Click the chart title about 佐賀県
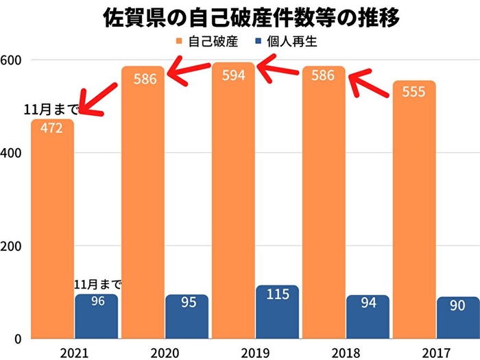[241, 16]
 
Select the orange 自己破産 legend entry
[209, 42]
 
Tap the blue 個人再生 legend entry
[287, 42]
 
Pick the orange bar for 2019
[232, 206]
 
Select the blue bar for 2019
[277, 312]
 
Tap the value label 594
[233, 75]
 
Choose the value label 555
[413, 91]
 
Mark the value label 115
[277, 295]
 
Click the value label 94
[368, 302]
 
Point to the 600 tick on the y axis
[10, 60]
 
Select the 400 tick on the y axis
[10, 153]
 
